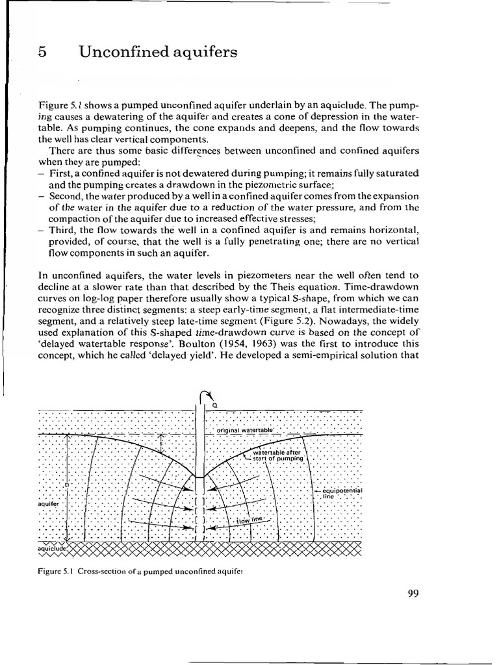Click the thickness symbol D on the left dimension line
66,486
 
